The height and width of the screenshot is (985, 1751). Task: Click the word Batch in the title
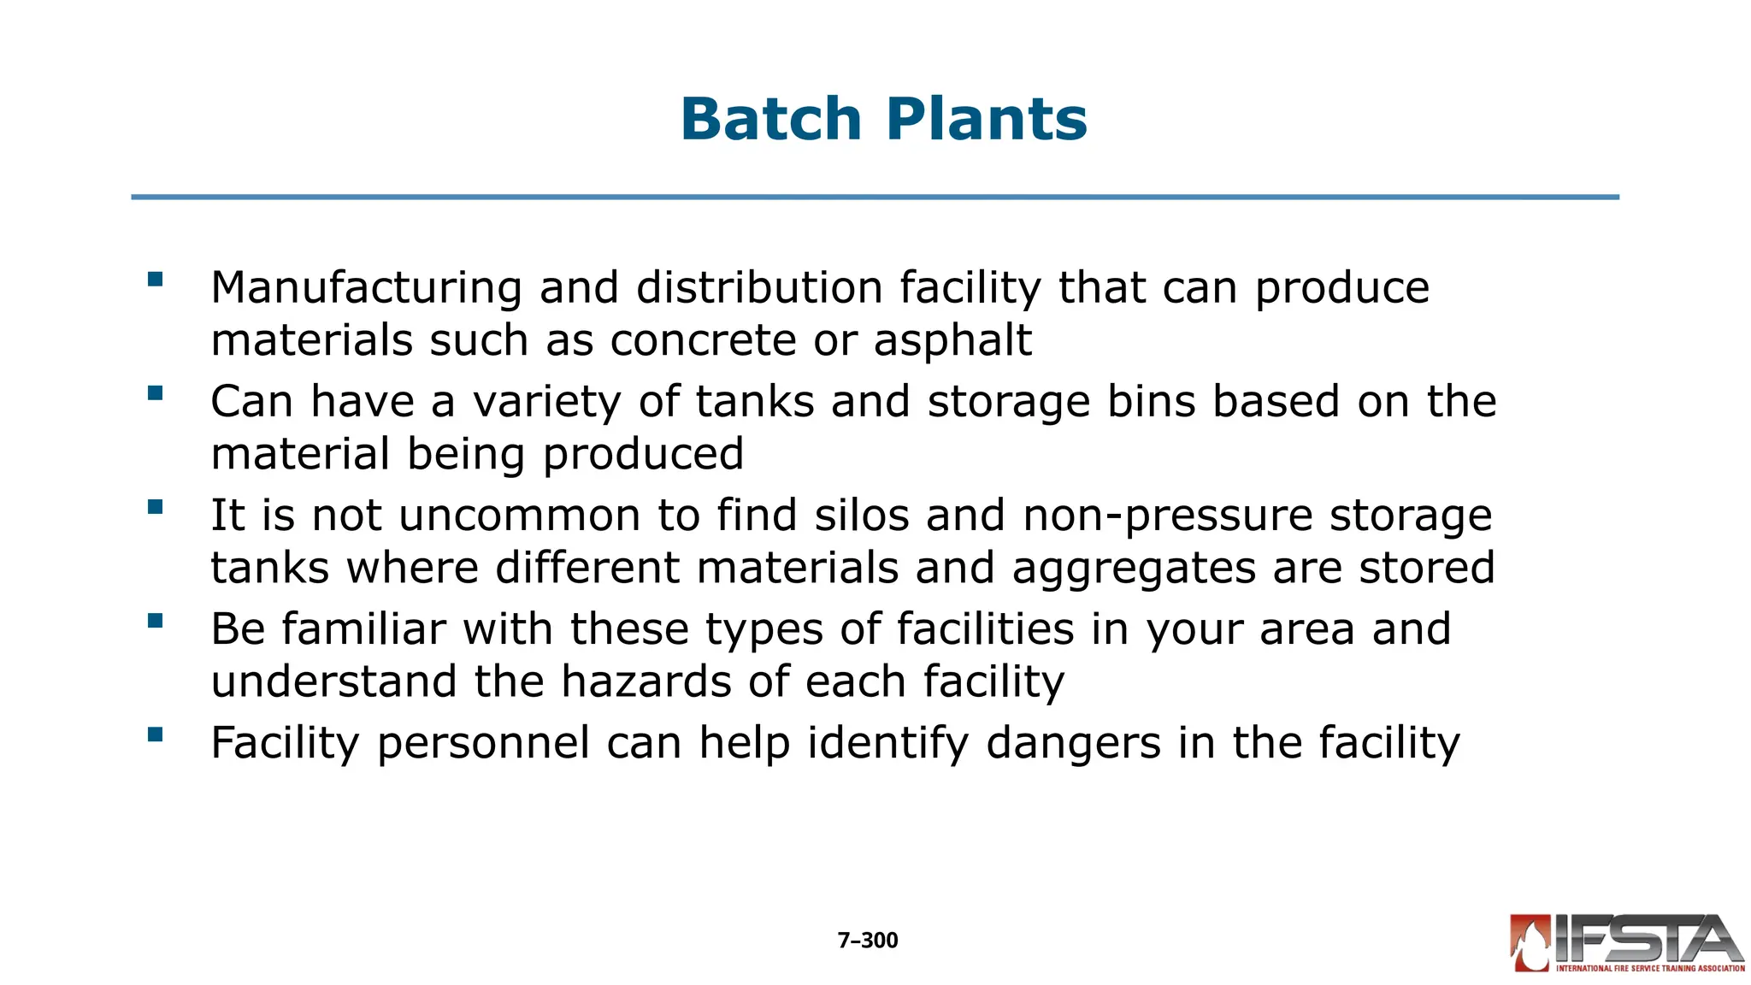click(x=770, y=119)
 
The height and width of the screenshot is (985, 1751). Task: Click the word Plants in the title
click(x=987, y=119)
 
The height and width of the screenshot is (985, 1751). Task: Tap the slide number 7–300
click(x=867, y=941)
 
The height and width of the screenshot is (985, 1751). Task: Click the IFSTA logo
click(x=1626, y=942)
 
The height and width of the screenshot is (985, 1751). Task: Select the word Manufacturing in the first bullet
click(x=366, y=287)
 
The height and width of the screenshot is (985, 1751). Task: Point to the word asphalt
click(x=952, y=341)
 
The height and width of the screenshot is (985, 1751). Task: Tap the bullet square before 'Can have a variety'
click(x=155, y=393)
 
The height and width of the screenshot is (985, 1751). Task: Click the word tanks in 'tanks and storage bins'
click(x=754, y=401)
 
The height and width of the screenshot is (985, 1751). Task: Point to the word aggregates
click(x=1134, y=569)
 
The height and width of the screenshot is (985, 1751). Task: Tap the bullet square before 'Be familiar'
click(x=155, y=621)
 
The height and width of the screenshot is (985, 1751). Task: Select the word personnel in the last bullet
click(x=483, y=743)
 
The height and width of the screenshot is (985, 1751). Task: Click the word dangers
click(x=1073, y=743)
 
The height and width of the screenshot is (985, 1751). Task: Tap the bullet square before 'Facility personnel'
click(x=155, y=734)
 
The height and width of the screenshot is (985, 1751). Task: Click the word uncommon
click(x=519, y=516)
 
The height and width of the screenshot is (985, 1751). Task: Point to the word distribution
click(x=759, y=287)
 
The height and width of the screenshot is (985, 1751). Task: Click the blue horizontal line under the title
click(x=875, y=198)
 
